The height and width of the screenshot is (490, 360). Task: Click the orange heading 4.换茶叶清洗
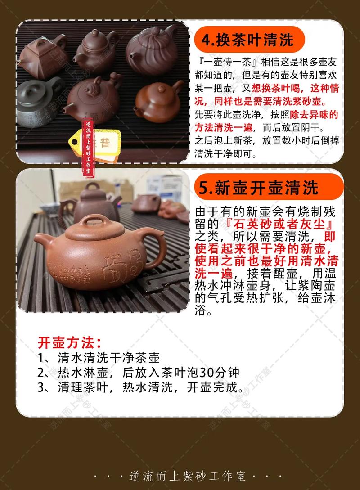pyautogui.click(x=247, y=40)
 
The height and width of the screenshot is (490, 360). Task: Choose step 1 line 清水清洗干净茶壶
pyautogui.click(x=108, y=358)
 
